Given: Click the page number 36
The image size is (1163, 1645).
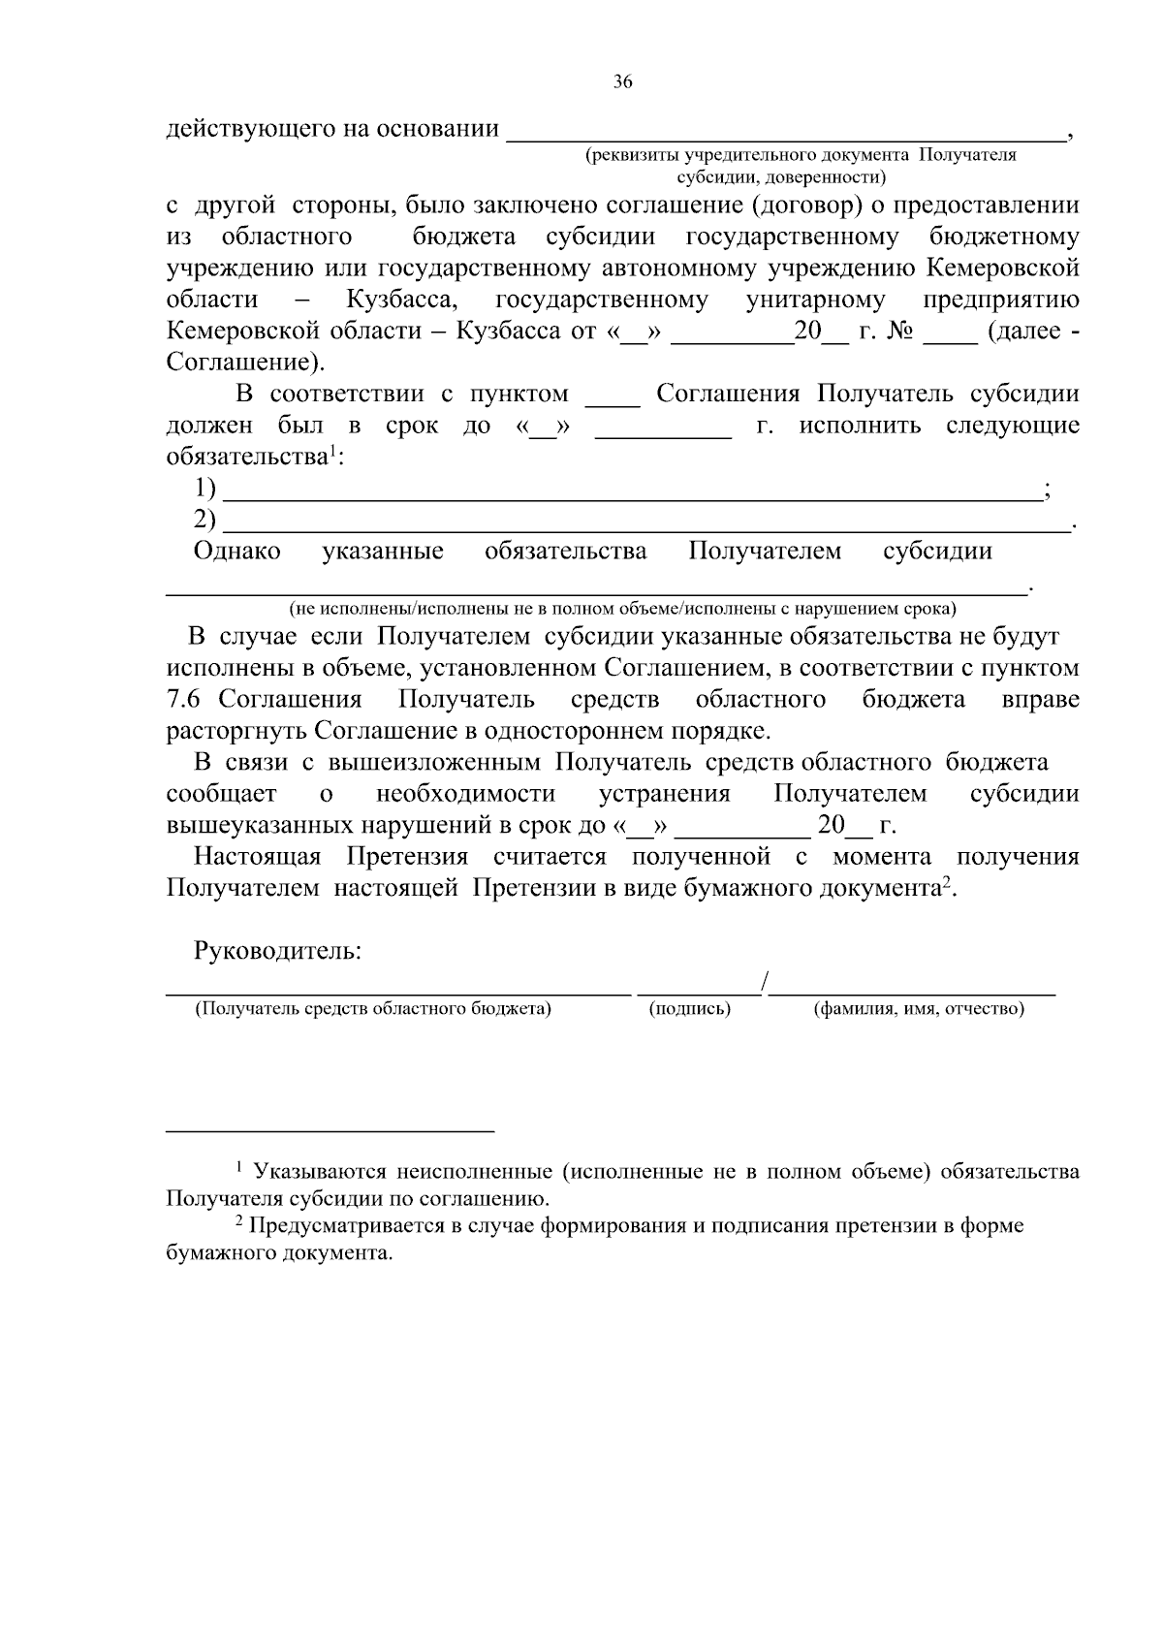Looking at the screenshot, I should pyautogui.click(x=622, y=82).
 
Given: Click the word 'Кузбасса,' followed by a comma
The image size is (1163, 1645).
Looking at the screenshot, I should pyautogui.click(x=402, y=300).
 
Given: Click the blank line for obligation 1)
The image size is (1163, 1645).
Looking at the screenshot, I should pyautogui.click(x=630, y=494).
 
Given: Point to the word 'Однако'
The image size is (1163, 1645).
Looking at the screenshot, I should pyautogui.click(x=237, y=552).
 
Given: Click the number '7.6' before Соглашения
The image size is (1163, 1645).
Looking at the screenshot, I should pyautogui.click(x=184, y=700).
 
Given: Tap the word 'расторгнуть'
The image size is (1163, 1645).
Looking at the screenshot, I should pyautogui.click(x=236, y=731).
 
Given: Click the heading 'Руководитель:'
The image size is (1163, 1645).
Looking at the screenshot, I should pyautogui.click(x=277, y=951).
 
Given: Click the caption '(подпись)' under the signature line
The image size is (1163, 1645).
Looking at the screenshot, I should pyautogui.click(x=689, y=1009).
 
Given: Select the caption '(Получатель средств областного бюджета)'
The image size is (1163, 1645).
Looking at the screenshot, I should pyautogui.click(x=373, y=1009).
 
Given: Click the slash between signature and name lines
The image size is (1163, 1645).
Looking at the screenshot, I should pyautogui.click(x=765, y=983).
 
